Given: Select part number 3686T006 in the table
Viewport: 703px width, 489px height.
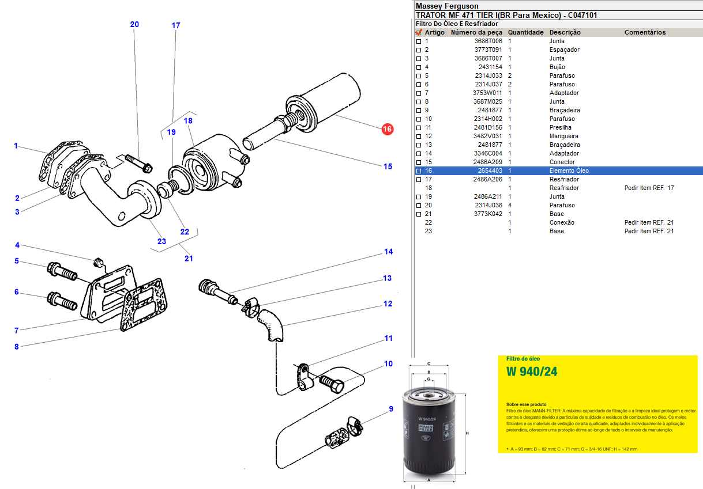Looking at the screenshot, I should pyautogui.click(x=488, y=41).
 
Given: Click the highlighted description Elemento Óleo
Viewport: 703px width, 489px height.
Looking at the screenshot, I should pyautogui.click(x=569, y=170).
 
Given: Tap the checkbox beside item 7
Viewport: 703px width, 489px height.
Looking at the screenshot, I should pyautogui.click(x=419, y=93).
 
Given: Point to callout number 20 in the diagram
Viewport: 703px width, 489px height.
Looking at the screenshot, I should pyautogui.click(x=134, y=24).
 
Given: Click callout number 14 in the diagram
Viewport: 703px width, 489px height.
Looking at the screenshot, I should pyautogui.click(x=389, y=252).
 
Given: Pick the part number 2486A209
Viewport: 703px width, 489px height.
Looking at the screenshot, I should pyautogui.click(x=488, y=162).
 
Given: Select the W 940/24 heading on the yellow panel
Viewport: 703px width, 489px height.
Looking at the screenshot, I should pyautogui.click(x=532, y=372).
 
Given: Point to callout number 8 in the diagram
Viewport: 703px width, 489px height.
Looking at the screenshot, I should pyautogui.click(x=17, y=347).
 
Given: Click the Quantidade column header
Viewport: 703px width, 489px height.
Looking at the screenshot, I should pyautogui.click(x=525, y=32).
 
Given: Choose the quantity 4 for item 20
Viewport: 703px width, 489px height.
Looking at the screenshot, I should pyautogui.click(x=510, y=205).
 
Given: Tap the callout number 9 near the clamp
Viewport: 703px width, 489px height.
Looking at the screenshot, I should pyautogui.click(x=390, y=409).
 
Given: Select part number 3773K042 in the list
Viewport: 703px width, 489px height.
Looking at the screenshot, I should pyautogui.click(x=488, y=214).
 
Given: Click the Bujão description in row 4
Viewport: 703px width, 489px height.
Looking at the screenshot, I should pyautogui.click(x=557, y=67).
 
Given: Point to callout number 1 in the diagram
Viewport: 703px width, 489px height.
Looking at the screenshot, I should pyautogui.click(x=16, y=146).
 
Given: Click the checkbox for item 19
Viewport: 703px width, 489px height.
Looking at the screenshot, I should pyautogui.click(x=419, y=197).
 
